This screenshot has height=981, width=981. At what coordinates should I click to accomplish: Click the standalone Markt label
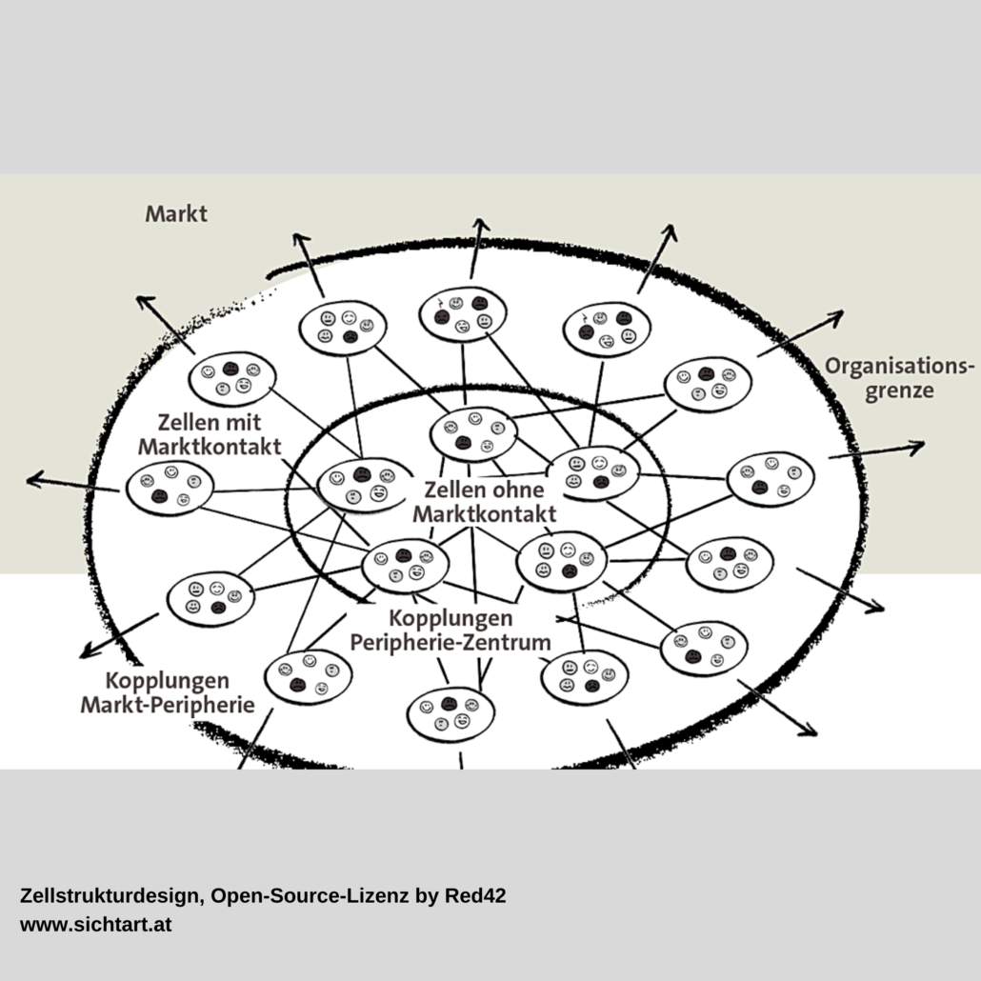pos(176,214)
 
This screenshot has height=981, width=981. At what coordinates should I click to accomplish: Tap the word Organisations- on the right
pos(900,367)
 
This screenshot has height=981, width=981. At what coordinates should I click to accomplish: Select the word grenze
pos(899,391)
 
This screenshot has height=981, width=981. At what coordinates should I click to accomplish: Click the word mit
pos(244,422)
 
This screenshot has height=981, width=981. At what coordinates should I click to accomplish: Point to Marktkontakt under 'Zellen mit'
pos(210,447)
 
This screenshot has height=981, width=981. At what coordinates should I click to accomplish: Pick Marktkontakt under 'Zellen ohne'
pos(484,514)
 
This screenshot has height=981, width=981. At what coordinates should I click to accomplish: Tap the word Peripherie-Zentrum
pos(450,643)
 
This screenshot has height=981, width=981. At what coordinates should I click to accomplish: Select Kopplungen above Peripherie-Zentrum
pos(450,618)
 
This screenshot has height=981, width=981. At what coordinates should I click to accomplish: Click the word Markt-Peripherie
pos(168,705)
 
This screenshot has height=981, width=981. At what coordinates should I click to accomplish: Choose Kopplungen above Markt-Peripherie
pos(167,681)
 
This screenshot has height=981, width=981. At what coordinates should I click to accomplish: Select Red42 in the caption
pos(475,895)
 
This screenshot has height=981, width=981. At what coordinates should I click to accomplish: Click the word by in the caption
pos(427,896)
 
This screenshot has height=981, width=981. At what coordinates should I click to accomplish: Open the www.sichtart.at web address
pos(96,925)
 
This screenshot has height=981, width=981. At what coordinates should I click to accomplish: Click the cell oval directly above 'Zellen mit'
pos(232,379)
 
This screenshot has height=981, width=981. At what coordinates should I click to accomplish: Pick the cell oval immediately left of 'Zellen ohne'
pos(364,486)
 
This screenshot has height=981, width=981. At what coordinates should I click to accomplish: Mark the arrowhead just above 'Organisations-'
pos(834,317)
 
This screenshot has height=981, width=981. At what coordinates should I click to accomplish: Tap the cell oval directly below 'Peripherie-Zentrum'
pos(450,714)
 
